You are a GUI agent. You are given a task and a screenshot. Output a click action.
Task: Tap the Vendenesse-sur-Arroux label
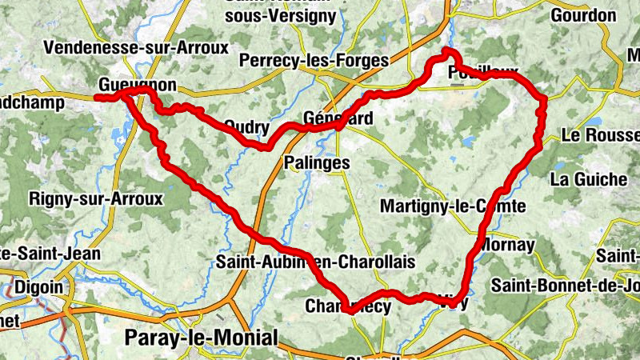click(137, 47)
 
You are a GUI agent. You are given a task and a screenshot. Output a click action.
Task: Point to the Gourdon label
click(583, 15)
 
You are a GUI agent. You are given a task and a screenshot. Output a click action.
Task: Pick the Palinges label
click(317, 162)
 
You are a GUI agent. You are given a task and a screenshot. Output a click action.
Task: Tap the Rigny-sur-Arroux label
click(95, 198)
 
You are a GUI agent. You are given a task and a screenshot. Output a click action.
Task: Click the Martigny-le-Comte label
click(452, 206)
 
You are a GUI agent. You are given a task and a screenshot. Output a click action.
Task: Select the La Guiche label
click(589, 179)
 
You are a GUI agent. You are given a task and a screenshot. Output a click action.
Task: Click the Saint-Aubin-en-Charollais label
click(316, 262)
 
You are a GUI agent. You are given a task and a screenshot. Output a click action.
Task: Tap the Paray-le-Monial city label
click(201, 338)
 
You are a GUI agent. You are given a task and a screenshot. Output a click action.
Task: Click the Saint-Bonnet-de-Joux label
click(565, 284)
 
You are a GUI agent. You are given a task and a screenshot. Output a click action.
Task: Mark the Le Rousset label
click(600, 136)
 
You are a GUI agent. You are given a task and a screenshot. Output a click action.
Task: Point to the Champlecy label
click(348, 306)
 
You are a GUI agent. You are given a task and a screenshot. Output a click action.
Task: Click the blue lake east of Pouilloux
click(596, 122)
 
